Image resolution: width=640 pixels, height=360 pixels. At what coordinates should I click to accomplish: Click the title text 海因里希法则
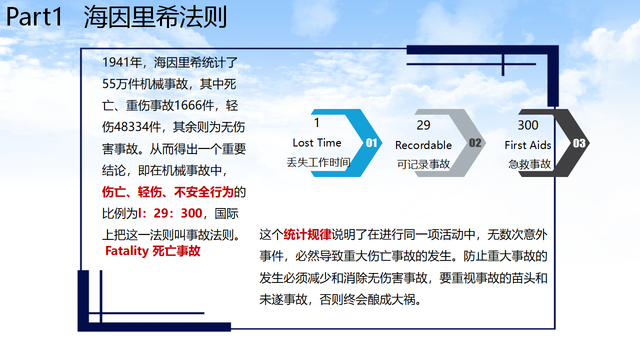pos(155,16)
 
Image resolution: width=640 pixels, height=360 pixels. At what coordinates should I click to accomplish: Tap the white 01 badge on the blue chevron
pos(371,143)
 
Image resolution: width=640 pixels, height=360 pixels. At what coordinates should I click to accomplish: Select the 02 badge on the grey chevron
pos(475,143)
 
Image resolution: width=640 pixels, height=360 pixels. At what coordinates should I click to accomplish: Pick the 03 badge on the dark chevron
pos(579,143)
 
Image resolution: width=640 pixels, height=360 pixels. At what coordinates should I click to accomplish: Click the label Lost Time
pos(317,143)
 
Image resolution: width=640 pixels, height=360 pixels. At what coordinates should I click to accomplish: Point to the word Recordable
pos(423,145)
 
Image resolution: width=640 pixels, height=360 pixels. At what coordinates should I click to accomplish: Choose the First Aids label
pos(527,145)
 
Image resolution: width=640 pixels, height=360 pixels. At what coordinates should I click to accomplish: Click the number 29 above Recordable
pos(423,125)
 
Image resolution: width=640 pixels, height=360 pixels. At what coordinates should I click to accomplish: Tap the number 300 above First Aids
pos(528,125)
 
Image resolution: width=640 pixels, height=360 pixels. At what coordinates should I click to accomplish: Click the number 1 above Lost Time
pos(316,123)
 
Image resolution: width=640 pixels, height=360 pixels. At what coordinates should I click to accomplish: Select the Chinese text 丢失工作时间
pos(318,162)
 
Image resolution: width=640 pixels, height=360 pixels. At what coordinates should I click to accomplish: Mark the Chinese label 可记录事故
pos(423,164)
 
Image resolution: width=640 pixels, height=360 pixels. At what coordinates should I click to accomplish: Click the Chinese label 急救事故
pos(529,164)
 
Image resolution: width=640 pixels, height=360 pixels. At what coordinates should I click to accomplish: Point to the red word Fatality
pos(127,251)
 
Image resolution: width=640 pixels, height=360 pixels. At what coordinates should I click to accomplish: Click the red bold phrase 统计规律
pos(307,234)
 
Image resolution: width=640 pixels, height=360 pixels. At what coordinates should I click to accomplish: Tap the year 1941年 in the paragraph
pos(122,62)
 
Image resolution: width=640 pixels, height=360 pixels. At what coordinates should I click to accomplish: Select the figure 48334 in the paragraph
pos(131,127)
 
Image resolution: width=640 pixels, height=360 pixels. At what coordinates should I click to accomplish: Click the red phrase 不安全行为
pos(203,191)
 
